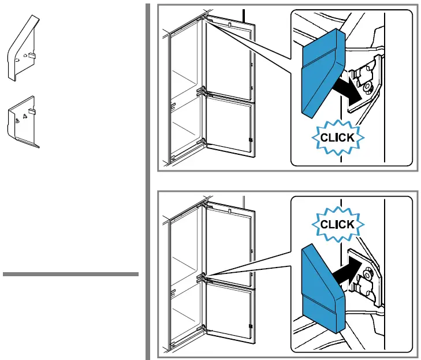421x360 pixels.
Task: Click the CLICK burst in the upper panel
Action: click(x=338, y=138)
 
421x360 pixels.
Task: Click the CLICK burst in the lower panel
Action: click(x=338, y=224)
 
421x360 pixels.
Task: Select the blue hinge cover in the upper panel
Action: click(x=323, y=73)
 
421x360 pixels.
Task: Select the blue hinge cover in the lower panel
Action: click(x=323, y=289)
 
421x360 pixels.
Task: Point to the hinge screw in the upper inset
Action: click(x=367, y=88)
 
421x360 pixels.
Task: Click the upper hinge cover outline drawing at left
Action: click(x=23, y=49)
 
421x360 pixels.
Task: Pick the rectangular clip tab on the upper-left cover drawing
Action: click(x=32, y=55)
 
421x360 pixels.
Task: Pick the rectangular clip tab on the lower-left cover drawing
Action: click(x=31, y=112)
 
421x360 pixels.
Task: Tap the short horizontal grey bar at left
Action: click(x=70, y=274)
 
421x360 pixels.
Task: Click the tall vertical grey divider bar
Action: click(x=148, y=181)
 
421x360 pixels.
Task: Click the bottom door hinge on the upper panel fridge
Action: click(x=202, y=142)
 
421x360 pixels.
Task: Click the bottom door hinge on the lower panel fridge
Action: click(x=202, y=329)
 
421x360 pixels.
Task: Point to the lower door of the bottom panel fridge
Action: click(x=230, y=314)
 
